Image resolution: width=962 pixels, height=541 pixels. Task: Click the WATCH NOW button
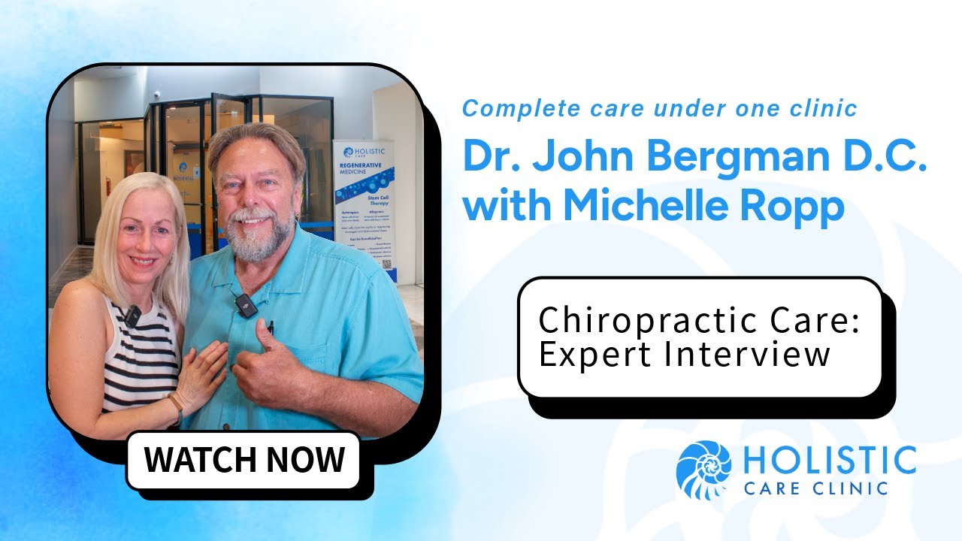click(x=244, y=459)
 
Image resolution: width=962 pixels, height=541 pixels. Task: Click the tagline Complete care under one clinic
click(x=659, y=108)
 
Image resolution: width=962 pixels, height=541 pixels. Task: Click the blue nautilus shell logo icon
click(x=703, y=470)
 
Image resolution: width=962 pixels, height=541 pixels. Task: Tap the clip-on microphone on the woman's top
click(x=132, y=316)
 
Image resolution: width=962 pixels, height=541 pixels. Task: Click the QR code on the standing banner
click(x=387, y=264)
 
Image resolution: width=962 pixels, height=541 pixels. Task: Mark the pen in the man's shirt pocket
click(x=271, y=328)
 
